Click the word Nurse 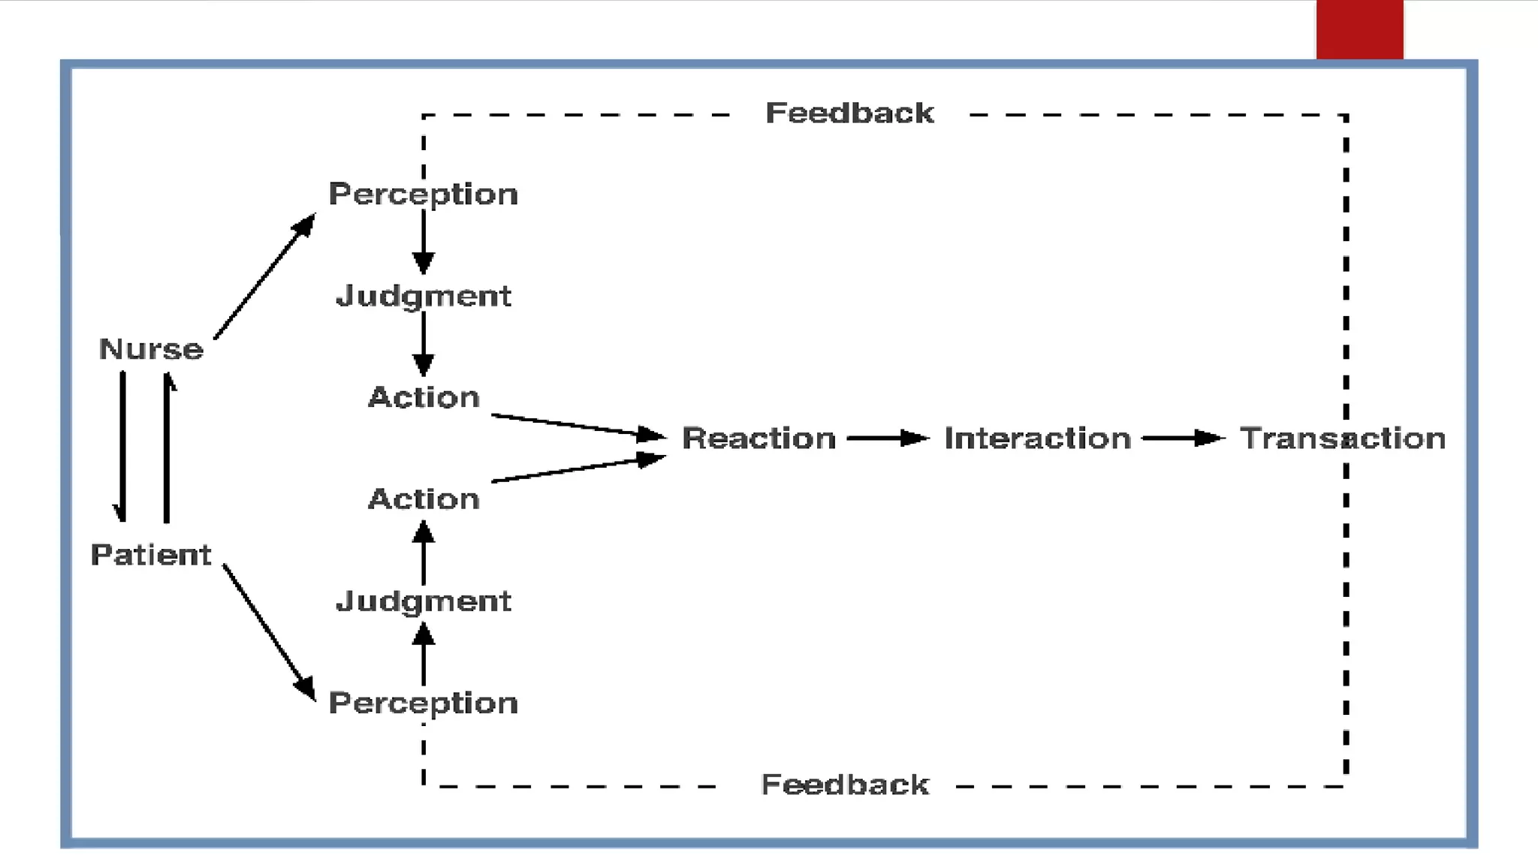[x=151, y=349]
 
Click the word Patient [x=151, y=555]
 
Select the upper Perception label [x=424, y=194]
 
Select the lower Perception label [x=424, y=703]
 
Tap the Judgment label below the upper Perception [x=424, y=296]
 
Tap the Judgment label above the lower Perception [x=424, y=601]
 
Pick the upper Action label [x=424, y=397]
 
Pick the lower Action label [x=424, y=499]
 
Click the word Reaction [x=758, y=439]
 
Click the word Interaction [x=1037, y=439]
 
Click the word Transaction [x=1342, y=439]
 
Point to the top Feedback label [x=849, y=113]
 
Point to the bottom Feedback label [x=845, y=785]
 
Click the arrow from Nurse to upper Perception [x=264, y=276]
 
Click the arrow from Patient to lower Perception [x=268, y=631]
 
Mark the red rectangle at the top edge [x=1359, y=29]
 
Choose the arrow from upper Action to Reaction [x=578, y=425]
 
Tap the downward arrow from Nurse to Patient [x=122, y=446]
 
